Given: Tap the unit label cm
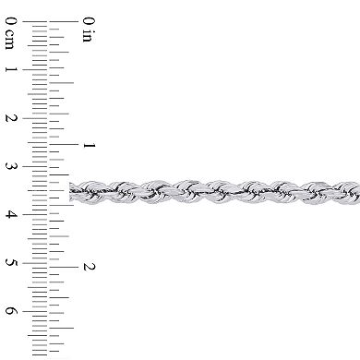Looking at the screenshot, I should click(x=9, y=40).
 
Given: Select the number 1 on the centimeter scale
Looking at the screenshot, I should click(x=9, y=70).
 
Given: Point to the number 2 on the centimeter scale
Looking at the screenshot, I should click(x=9, y=118).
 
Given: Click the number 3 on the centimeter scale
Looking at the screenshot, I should click(x=9, y=166).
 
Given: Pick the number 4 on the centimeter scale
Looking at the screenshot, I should click(x=9, y=214).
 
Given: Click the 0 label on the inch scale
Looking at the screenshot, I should click(x=89, y=21).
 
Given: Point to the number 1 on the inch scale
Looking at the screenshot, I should click(x=89, y=145).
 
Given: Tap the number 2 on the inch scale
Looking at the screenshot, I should click(x=89, y=267).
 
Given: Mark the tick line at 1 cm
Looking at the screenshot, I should click(x=37, y=70).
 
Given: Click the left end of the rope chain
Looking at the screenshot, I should click(x=72, y=192).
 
